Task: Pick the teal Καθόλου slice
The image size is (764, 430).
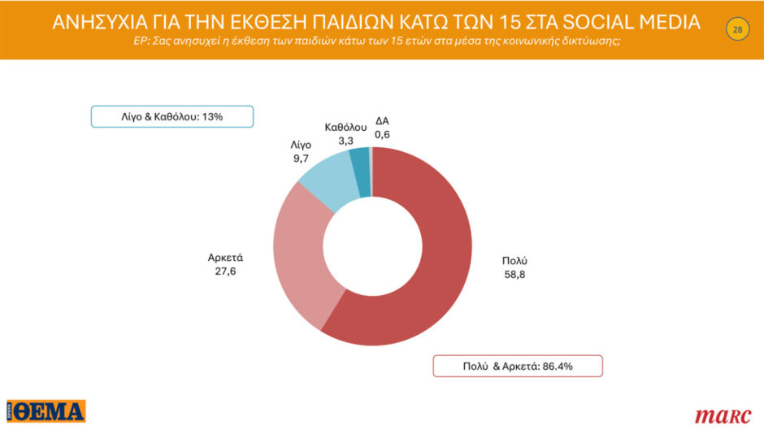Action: click(359, 161)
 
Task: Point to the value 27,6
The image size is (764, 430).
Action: click(225, 271)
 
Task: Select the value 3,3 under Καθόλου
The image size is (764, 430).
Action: click(345, 141)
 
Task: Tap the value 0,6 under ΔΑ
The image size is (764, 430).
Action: click(383, 135)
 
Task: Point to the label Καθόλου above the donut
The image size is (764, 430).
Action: click(345, 127)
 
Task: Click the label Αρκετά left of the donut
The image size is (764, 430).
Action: click(225, 258)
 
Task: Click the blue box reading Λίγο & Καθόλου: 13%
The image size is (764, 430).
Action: click(171, 117)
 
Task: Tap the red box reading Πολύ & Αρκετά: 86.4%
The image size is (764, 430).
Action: click(517, 366)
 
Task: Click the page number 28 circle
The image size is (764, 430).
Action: click(737, 30)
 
